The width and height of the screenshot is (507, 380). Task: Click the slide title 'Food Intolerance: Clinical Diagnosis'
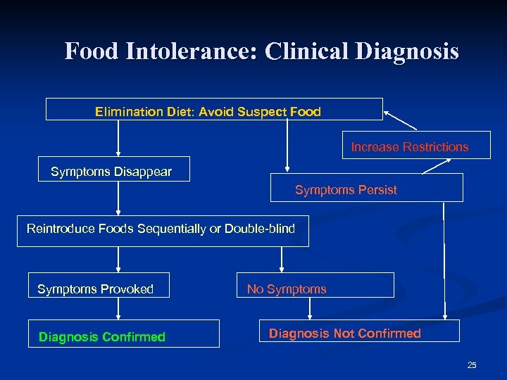(261, 51)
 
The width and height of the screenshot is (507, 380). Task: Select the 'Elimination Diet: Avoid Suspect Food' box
(214, 110)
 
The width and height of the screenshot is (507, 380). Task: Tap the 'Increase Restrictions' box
(409, 147)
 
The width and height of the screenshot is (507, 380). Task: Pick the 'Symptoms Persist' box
(367, 188)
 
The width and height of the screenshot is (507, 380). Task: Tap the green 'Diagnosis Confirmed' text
(102, 337)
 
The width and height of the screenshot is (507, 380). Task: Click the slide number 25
(471, 365)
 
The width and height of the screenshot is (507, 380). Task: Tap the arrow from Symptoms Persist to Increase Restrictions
(437, 166)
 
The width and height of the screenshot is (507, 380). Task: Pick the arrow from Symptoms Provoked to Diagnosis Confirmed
(118, 308)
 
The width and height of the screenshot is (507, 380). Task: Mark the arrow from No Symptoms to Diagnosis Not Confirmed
(282, 308)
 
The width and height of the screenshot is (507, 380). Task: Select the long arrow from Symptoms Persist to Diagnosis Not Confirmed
(444, 260)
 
